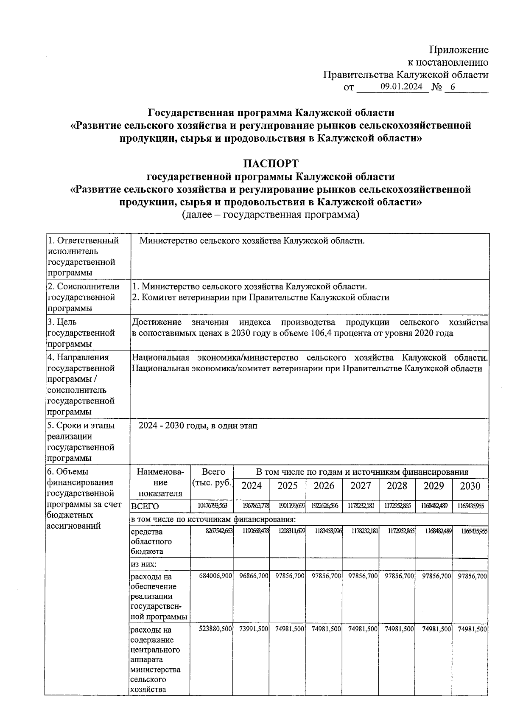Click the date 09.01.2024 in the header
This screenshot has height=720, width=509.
[401, 87]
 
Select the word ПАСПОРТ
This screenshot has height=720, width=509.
[271, 163]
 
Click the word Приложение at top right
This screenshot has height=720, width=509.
[459, 50]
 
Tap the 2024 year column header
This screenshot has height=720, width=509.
[252, 486]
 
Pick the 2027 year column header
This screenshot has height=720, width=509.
[361, 486]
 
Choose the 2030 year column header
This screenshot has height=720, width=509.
[470, 486]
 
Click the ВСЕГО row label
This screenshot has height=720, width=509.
[145, 507]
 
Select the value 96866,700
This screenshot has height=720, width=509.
[252, 576]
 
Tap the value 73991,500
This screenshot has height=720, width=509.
[252, 629]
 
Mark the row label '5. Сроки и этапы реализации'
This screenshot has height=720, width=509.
[81, 431]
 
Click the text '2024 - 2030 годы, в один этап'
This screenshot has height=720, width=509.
[198, 426]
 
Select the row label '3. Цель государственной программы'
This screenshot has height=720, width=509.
[81, 333]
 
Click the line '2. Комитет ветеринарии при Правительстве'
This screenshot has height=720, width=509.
[260, 297]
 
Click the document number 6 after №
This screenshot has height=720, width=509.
[452, 87]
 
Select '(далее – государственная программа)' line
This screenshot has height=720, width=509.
[270, 215]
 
